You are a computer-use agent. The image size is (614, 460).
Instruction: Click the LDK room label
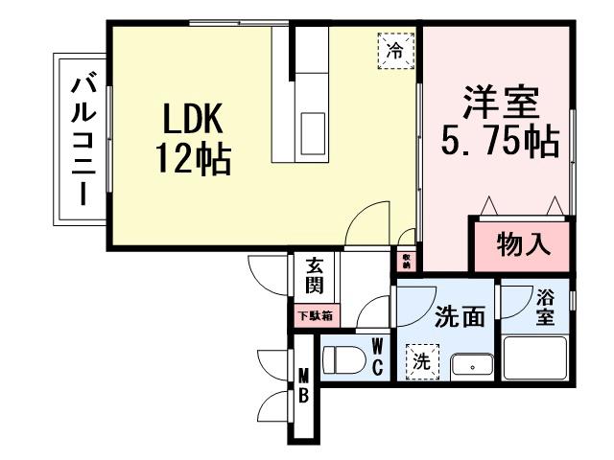pyautogui.click(x=191, y=119)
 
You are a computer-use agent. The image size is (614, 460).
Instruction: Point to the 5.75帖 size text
pyautogui.click(x=500, y=142)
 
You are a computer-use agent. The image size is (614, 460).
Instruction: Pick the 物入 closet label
pyautogui.click(x=523, y=245)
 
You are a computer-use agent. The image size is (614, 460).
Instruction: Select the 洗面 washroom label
pyautogui.click(x=460, y=316)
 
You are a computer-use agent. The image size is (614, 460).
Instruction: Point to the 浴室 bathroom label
pyautogui.click(x=546, y=307)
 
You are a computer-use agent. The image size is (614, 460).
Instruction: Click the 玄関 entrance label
pyautogui.click(x=315, y=275)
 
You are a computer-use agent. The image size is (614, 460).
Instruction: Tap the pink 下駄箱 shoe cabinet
pyautogui.click(x=314, y=314)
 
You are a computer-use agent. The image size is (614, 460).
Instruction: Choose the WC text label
pyautogui.click(x=377, y=356)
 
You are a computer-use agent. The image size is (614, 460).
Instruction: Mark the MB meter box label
pyautogui.click(x=302, y=385)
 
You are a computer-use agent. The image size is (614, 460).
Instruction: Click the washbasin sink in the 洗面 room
pyautogui.click(x=471, y=366)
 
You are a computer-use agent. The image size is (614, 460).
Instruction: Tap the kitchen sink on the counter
pyautogui.click(x=313, y=127)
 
